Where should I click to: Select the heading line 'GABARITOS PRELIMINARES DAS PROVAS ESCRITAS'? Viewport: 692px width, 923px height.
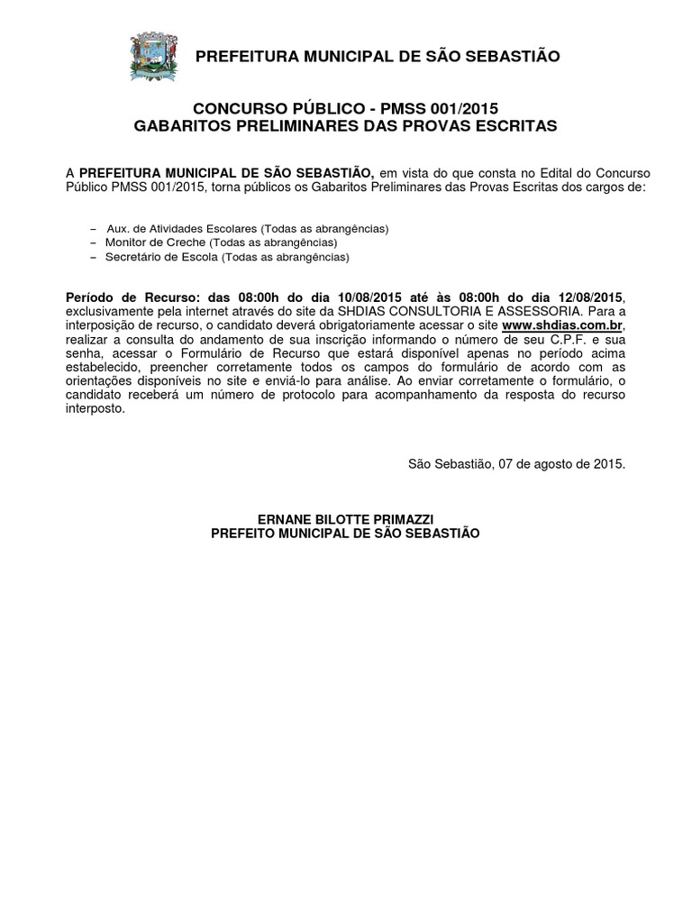click(x=346, y=125)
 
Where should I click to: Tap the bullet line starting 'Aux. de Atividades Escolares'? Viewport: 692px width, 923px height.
click(x=247, y=229)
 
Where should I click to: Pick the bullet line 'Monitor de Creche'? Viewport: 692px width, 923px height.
click(x=222, y=243)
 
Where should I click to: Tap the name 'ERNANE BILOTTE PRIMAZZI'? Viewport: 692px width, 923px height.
click(x=346, y=519)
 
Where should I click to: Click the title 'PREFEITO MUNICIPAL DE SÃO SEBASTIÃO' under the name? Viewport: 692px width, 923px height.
click(x=346, y=534)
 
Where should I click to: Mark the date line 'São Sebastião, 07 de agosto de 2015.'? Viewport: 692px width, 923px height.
click(x=516, y=464)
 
